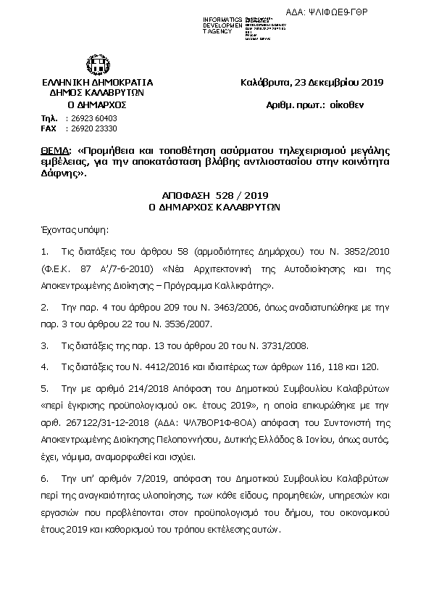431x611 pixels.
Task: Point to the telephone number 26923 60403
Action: tap(91, 118)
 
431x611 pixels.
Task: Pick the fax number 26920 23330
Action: tap(91, 128)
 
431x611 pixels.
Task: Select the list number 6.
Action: tap(45, 479)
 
